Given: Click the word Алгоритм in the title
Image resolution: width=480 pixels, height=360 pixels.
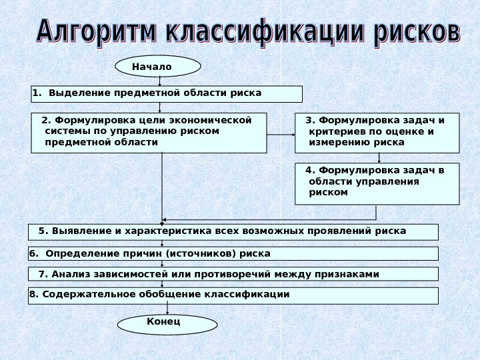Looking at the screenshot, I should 97,32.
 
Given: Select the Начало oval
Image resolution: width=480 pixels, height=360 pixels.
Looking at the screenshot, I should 158,67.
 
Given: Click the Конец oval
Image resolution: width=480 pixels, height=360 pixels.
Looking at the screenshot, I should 167,324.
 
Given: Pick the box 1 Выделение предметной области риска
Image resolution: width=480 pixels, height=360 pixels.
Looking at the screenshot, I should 167,93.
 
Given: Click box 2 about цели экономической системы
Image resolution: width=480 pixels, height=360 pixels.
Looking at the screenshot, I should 149,132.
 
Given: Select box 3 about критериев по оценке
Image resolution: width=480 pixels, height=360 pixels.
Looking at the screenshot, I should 377,132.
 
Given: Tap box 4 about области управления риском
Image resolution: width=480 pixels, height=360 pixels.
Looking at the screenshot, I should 377,183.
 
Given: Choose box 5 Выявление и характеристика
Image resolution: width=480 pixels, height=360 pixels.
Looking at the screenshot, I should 233,231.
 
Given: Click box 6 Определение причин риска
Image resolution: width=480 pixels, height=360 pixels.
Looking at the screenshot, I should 233,253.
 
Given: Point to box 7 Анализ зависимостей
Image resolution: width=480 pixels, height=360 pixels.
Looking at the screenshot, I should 233,274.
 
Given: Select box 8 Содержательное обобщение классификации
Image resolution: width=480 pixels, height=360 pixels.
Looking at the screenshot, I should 233,295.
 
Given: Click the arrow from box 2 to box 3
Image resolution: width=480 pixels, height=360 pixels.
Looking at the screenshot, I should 281,134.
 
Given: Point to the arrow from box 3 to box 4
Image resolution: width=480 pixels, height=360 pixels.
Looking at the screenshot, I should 379,158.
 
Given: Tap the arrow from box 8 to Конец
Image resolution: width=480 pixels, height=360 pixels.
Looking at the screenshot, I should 167,309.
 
